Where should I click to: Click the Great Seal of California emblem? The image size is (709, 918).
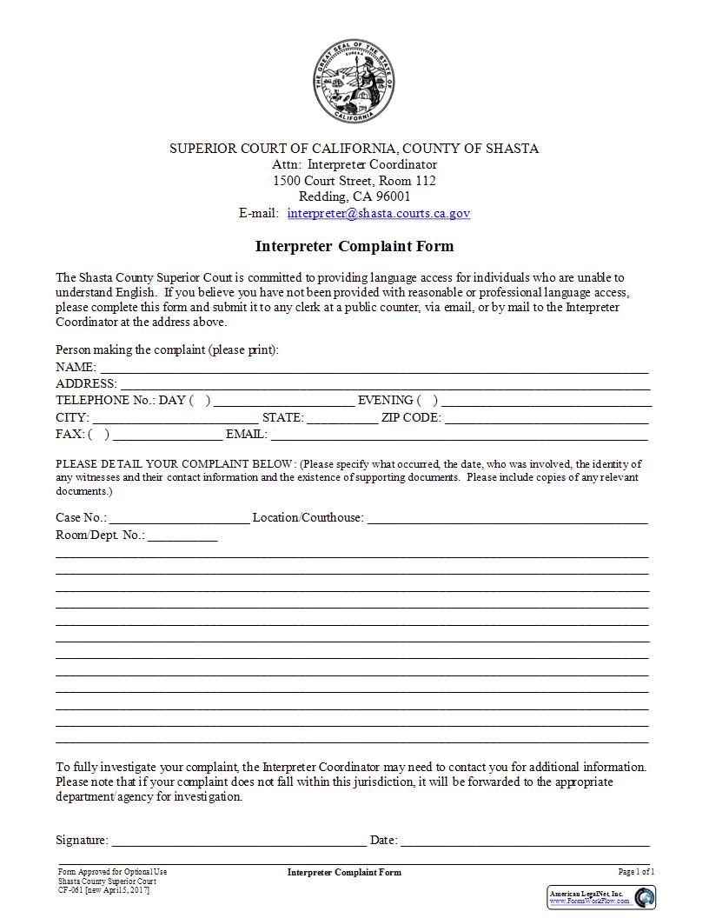point(354,83)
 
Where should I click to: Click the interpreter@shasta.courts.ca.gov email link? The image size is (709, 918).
point(379,213)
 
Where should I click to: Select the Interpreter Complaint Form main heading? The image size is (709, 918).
point(354,246)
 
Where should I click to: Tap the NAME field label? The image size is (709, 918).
point(76,367)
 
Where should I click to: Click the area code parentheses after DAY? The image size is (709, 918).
point(200,401)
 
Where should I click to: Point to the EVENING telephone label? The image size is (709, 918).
point(385,401)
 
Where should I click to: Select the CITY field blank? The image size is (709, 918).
point(175,418)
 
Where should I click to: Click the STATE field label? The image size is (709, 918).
point(282,418)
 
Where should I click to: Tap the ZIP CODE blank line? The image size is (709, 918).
point(547,418)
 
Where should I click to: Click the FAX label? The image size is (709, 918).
point(70,434)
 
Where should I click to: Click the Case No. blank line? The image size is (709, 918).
point(179,518)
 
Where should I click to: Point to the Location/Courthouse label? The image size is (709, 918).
point(308,518)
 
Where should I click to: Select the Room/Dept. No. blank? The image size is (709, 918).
point(182,535)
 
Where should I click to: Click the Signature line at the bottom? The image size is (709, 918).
point(239,841)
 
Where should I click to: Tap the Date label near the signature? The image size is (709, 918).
point(383,841)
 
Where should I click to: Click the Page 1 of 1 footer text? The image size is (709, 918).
point(636,872)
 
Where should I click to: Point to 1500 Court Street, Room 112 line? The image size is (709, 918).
point(354,181)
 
